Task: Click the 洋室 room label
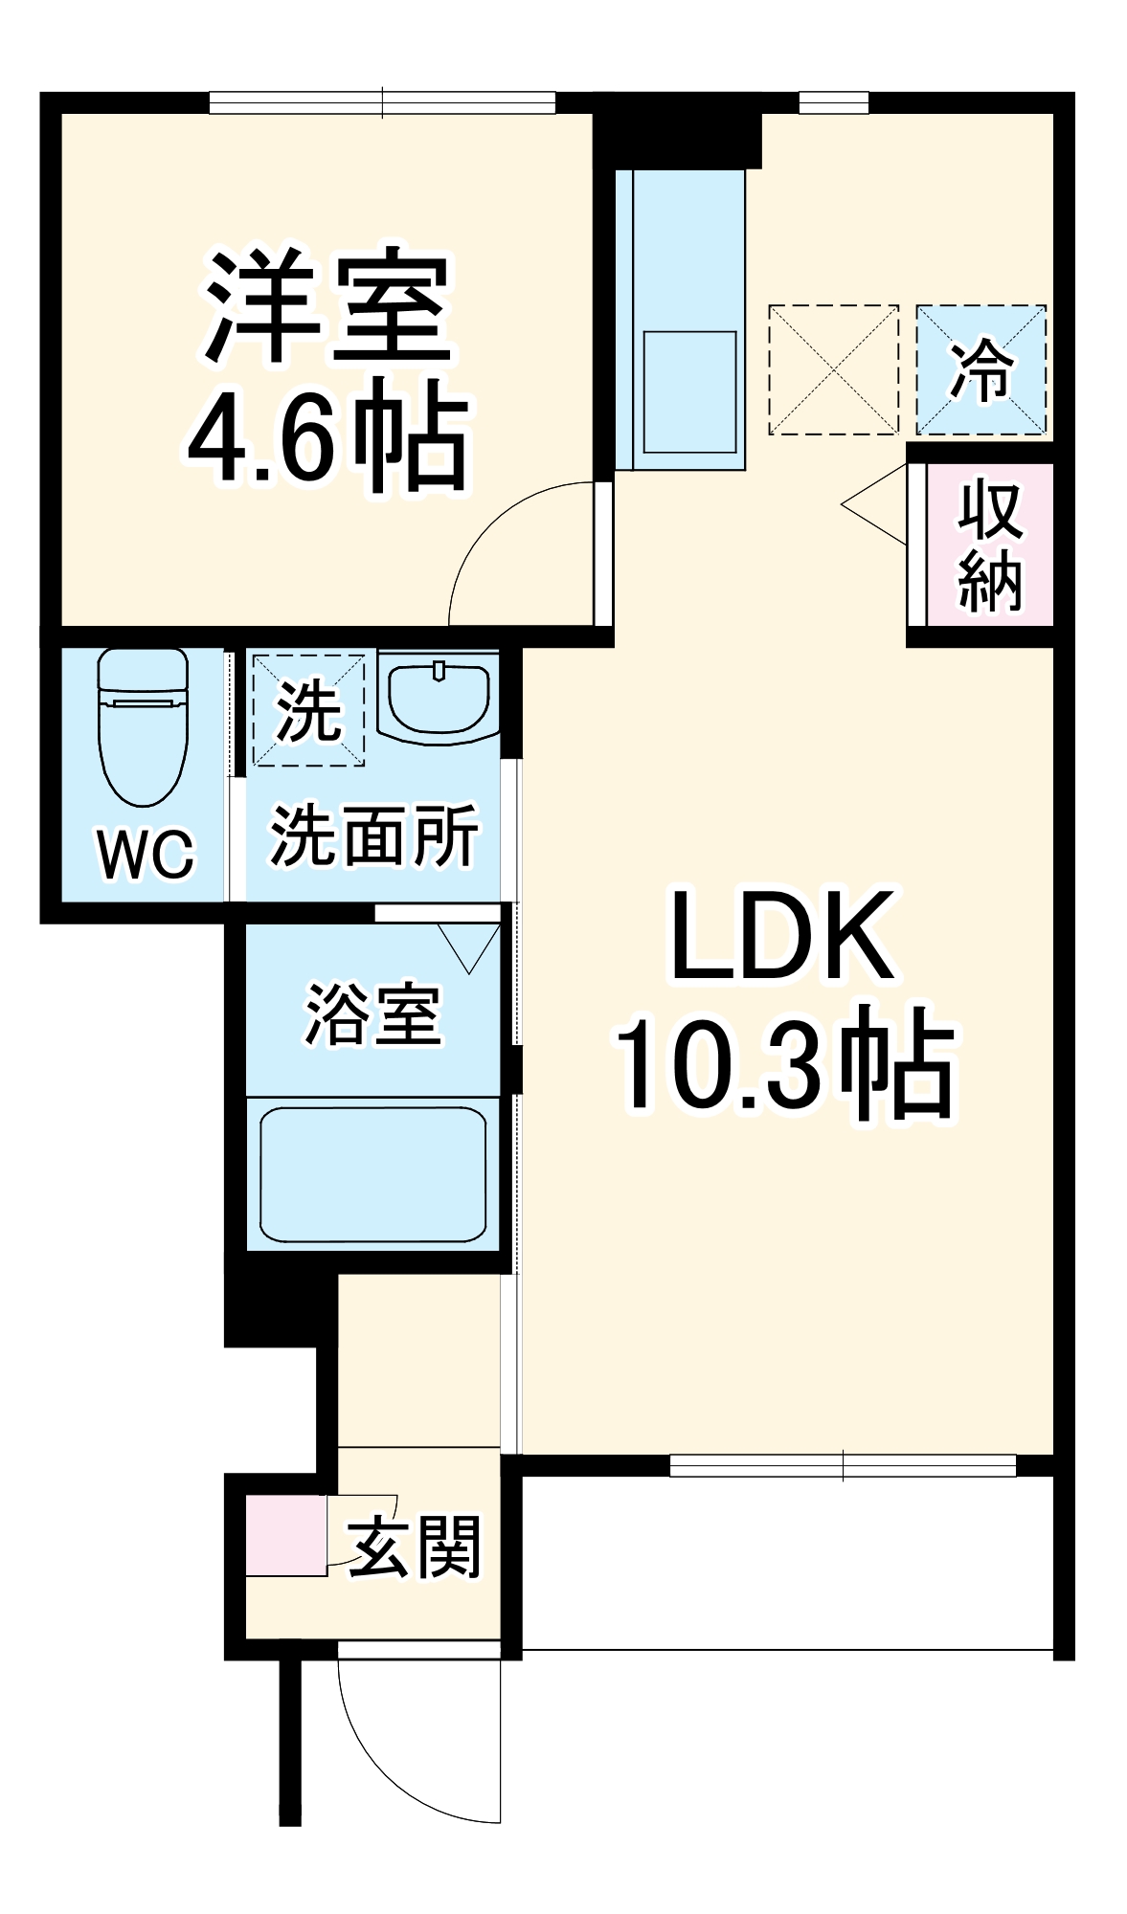coord(327,307)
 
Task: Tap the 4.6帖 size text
coord(327,435)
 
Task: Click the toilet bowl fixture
coord(144,726)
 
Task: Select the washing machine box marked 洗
coord(307,709)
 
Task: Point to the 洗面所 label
coord(373,835)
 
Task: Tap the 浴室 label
coord(373,1014)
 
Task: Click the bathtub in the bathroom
coord(373,1174)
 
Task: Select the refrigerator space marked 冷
coord(980,369)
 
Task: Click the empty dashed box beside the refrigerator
coord(833,369)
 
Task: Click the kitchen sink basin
coord(689,391)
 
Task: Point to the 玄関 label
coord(414,1547)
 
